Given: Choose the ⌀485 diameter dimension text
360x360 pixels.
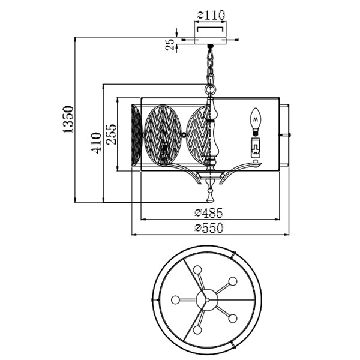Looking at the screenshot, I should point(208,212).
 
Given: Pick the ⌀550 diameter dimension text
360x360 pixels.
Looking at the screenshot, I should point(208,227).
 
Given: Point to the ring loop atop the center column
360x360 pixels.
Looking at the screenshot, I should point(209,90).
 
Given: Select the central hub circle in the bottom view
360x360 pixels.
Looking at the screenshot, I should point(206,299).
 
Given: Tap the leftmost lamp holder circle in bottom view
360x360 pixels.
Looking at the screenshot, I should point(175,299).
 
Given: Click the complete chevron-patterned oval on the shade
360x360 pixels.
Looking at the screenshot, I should point(162,134).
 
